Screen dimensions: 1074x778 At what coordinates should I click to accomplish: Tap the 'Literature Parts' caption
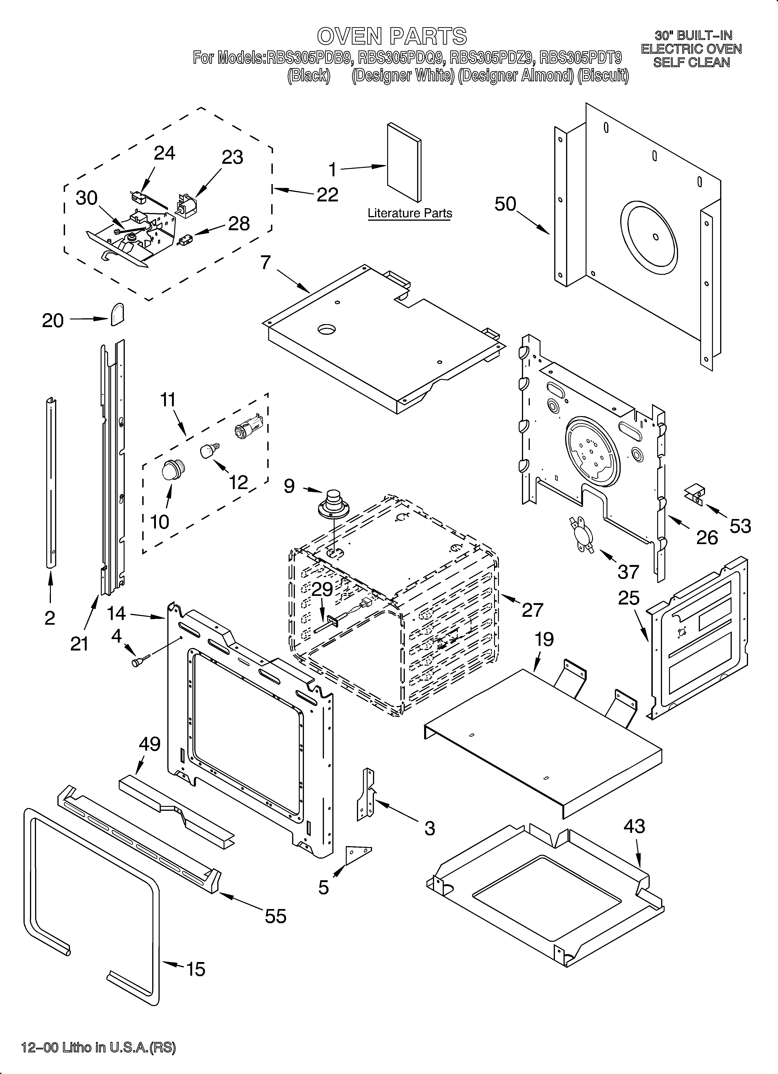tap(410, 213)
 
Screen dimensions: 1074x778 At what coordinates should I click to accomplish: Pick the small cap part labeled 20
tap(117, 315)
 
